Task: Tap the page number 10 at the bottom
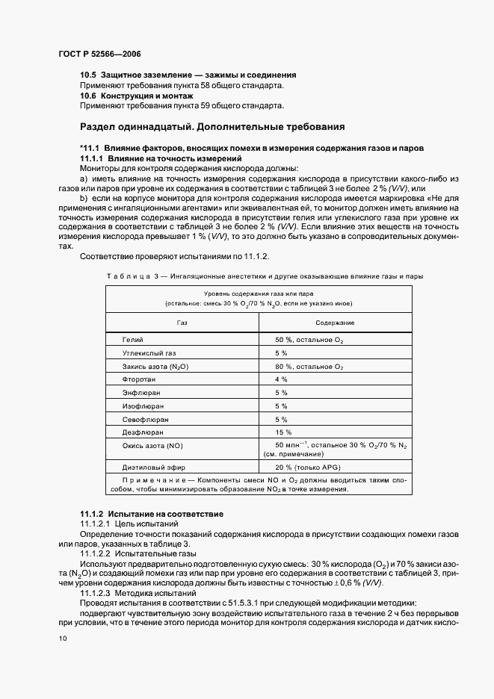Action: [63, 639]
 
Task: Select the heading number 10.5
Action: [88, 75]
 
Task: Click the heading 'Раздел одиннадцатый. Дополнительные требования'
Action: [212, 125]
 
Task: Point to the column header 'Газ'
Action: [182, 322]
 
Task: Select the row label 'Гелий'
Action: [132, 340]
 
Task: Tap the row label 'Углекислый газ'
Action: [149, 352]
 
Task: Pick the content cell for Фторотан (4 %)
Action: [281, 379]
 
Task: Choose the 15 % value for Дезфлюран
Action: [283, 432]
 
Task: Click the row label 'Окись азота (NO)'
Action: [152, 446]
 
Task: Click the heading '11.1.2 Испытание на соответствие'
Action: [152, 515]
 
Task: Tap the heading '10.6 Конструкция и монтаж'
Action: [137, 96]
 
